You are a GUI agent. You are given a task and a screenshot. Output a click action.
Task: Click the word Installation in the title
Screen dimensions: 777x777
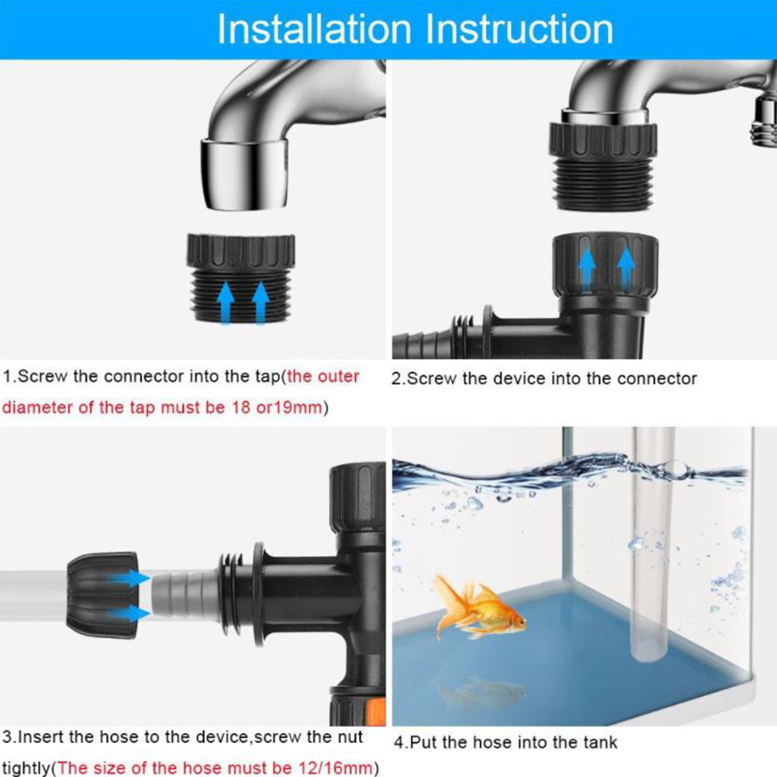point(315,29)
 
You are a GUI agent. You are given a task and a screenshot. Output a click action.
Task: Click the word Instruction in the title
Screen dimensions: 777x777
point(520,29)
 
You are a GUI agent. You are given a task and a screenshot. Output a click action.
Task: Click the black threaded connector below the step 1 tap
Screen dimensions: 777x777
point(241,278)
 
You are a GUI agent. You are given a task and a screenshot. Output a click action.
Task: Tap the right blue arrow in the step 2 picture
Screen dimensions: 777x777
point(626,268)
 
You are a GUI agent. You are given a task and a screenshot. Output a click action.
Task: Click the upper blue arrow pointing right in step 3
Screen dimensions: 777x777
point(128,578)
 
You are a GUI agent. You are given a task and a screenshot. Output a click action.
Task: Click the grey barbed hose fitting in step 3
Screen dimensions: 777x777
point(185,594)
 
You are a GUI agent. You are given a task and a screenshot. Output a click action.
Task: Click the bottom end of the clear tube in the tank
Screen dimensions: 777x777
point(648,661)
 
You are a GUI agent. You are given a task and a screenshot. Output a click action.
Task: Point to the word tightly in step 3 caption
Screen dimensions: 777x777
point(27,768)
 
